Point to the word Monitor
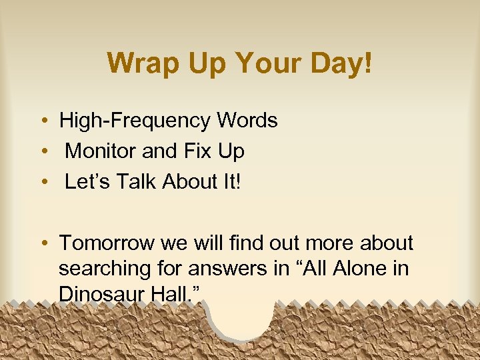(101, 151)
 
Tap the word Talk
(137, 181)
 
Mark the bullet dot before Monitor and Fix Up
(42, 152)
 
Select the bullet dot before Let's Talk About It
(42, 182)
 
